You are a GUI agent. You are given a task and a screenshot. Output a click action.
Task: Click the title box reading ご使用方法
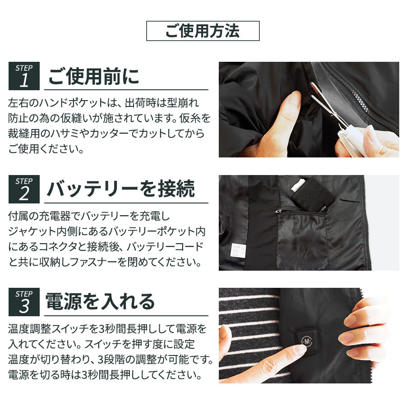(203, 31)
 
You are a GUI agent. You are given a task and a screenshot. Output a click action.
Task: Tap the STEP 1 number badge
(24, 76)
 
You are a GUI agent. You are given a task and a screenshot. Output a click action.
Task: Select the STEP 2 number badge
(24, 189)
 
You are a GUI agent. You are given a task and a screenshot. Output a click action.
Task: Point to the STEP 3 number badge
(24, 302)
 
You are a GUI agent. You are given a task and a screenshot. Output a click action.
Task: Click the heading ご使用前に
(94, 76)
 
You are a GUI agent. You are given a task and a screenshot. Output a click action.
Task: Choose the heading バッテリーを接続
(120, 189)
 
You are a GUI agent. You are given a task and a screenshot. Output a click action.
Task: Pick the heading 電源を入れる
(100, 302)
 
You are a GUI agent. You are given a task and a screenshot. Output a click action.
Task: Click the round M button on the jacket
(307, 341)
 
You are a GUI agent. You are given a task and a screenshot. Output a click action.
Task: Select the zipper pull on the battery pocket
(277, 211)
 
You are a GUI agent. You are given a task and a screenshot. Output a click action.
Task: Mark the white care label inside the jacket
(238, 250)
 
